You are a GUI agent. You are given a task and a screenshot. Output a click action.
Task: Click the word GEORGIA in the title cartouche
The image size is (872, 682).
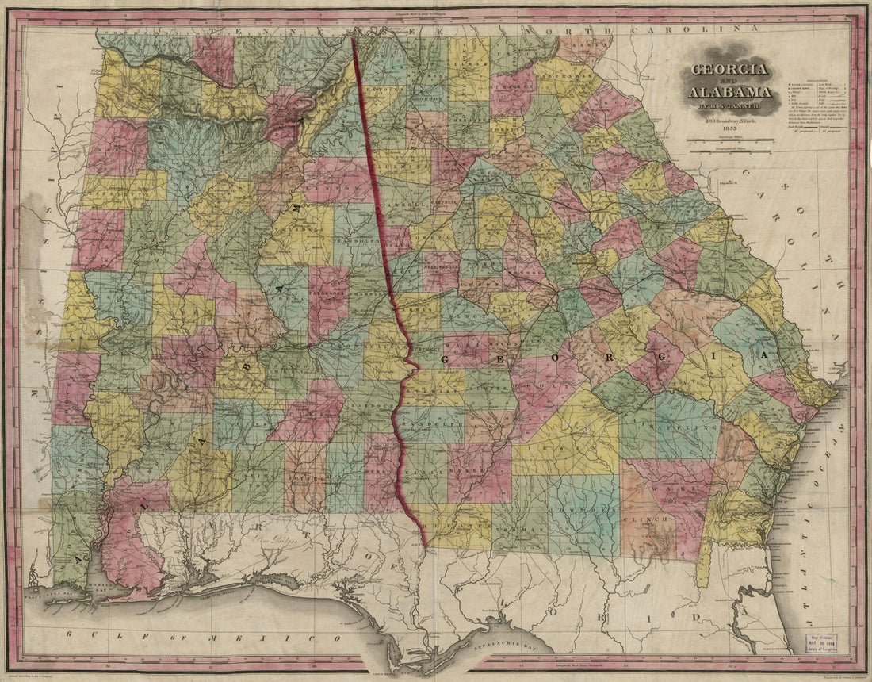729,69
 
